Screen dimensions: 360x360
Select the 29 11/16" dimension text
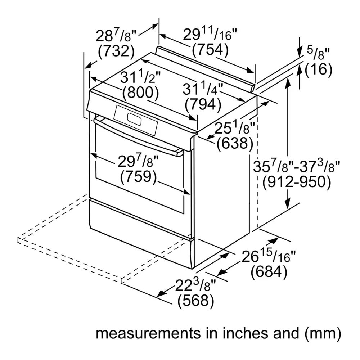point(210,34)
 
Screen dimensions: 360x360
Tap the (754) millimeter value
point(210,50)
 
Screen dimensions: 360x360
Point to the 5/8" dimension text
point(318,53)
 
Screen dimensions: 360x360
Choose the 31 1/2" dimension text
point(140,77)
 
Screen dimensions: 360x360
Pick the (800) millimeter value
point(140,93)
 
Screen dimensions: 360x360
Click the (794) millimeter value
point(203,104)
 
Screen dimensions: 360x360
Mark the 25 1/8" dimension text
point(235,128)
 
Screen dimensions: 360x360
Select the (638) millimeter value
point(235,144)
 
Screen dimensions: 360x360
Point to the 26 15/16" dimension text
point(269,256)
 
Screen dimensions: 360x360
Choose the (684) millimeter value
point(269,272)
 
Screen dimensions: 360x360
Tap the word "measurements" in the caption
point(148,333)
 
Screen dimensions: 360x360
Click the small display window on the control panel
point(134,120)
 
